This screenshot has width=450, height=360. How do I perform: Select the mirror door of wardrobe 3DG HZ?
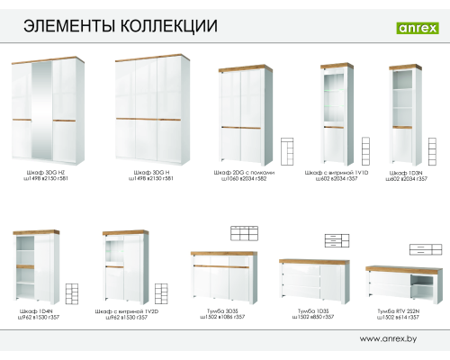click(x=41, y=111)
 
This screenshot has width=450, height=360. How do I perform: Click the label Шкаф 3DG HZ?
click(x=40, y=171)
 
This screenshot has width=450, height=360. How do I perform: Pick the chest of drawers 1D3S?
click(x=314, y=283)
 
